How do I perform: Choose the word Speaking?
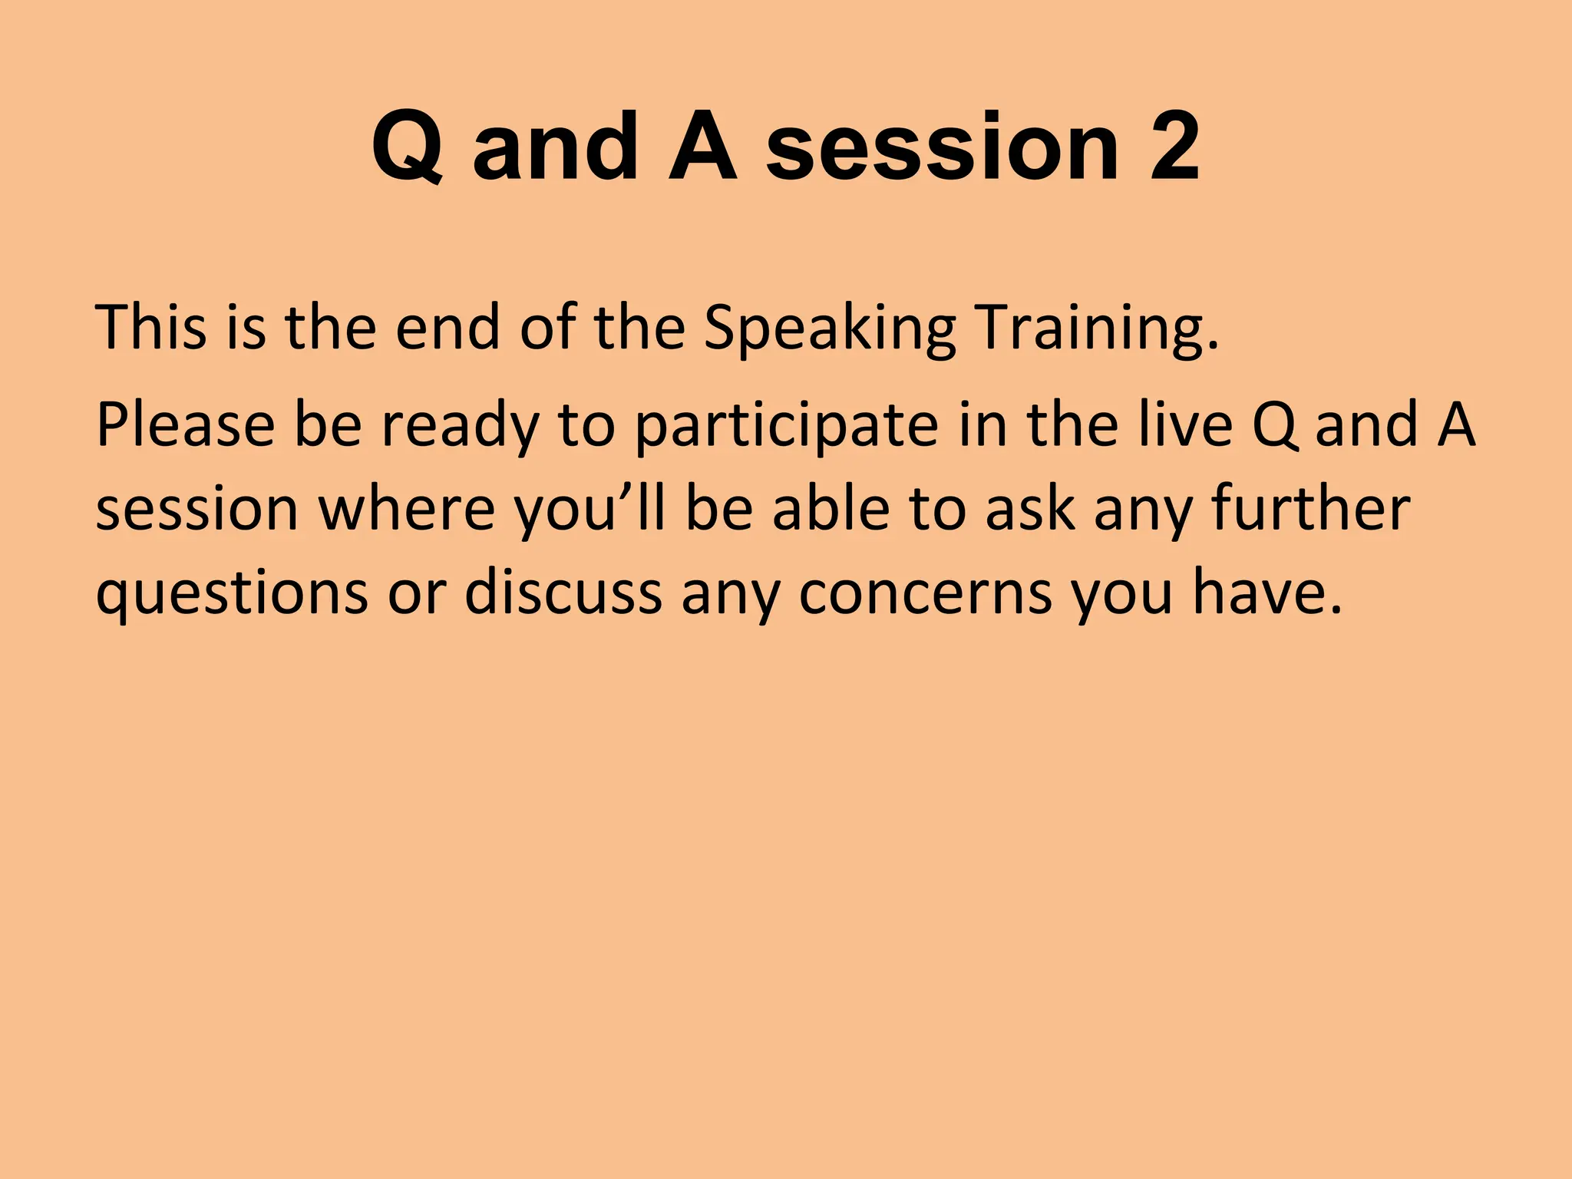830,329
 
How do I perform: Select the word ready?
461,426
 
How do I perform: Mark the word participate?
787,426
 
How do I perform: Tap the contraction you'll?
589,510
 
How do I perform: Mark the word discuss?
563,593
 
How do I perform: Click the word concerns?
925,593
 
